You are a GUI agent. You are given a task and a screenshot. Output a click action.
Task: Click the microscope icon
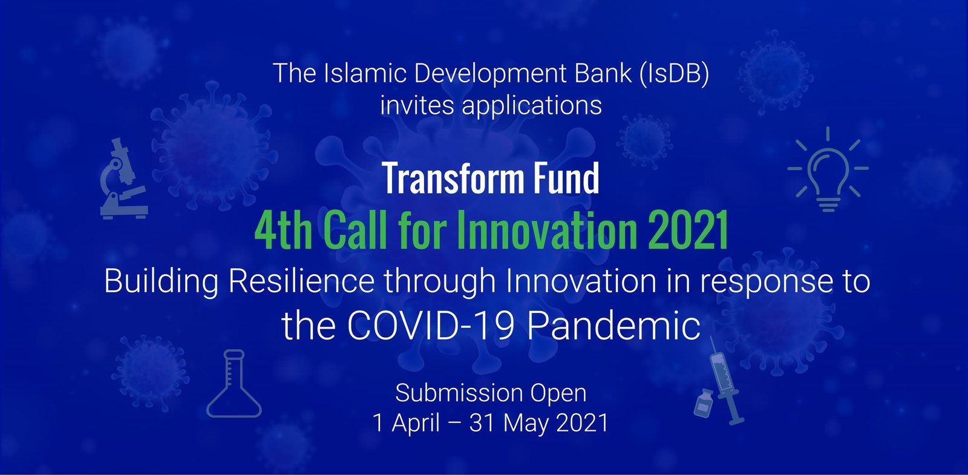click(x=124, y=179)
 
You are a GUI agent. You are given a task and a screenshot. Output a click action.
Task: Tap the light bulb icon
click(x=828, y=169)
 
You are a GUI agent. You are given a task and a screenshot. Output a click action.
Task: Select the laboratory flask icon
click(x=234, y=384)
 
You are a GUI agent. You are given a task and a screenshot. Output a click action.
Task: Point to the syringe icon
click(x=725, y=381)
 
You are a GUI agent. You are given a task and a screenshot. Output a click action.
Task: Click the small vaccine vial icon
click(x=704, y=403)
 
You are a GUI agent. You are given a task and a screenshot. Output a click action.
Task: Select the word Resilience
click(x=301, y=281)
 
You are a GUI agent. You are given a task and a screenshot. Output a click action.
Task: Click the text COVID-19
click(x=430, y=326)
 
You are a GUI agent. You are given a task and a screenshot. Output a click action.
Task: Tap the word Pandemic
click(x=613, y=326)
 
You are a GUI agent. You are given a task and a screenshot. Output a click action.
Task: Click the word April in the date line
click(x=415, y=423)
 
